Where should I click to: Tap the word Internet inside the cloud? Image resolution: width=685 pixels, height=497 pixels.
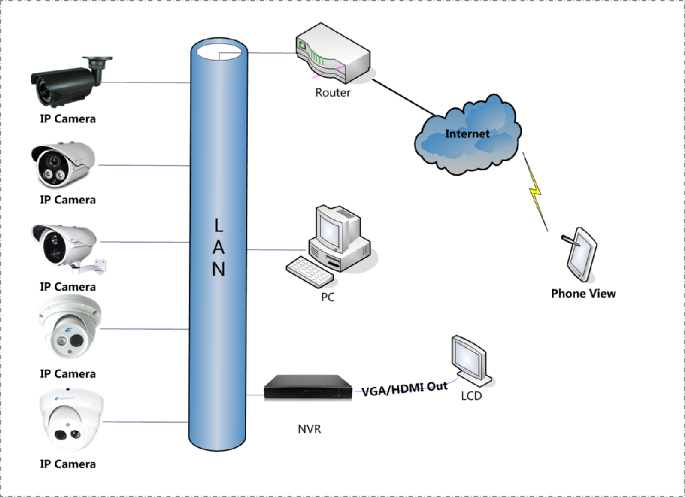click(x=468, y=133)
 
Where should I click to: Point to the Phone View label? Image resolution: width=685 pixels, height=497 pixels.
click(x=583, y=293)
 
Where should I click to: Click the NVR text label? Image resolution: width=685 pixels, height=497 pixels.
click(x=309, y=428)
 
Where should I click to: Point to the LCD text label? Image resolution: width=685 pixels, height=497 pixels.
click(x=472, y=395)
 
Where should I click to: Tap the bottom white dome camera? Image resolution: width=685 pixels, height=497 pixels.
click(x=70, y=420)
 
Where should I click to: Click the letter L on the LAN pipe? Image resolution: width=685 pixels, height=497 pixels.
click(x=219, y=223)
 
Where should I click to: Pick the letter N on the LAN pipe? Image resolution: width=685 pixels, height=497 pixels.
click(x=219, y=269)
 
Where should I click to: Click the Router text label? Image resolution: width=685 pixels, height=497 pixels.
click(x=332, y=93)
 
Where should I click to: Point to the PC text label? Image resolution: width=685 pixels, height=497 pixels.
click(x=327, y=296)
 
